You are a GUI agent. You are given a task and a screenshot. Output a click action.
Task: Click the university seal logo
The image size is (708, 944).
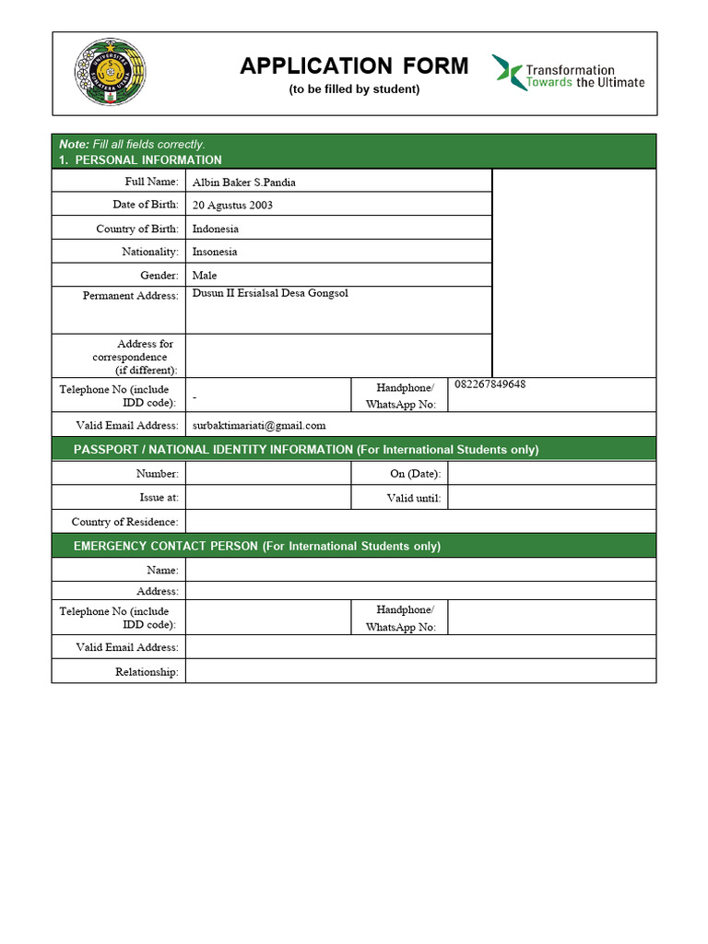pos(110,72)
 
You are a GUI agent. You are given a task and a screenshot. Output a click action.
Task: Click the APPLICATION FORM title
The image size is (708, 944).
pos(354,66)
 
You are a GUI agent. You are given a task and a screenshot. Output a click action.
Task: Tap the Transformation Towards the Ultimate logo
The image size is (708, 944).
pos(568,72)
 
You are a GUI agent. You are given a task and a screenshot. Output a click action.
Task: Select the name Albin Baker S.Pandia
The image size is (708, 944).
pos(243,182)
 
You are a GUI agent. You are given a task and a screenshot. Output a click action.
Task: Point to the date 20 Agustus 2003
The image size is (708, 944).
pos(232,205)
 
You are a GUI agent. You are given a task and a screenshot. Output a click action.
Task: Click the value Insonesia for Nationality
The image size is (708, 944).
pos(215,252)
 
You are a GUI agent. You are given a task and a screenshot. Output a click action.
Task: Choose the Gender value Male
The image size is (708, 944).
pos(205,275)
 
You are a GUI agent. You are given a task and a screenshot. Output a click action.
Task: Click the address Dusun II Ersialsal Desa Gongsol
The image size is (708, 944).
pos(270,293)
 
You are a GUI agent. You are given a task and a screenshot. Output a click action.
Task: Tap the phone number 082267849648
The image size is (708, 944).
pos(490,384)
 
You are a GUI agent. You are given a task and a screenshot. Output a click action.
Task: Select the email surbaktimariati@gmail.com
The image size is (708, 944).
pos(259,425)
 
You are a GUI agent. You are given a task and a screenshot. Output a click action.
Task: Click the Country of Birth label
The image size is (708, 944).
pos(136,229)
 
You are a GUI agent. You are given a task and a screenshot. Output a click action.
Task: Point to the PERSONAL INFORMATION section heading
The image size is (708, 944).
pos(147,159)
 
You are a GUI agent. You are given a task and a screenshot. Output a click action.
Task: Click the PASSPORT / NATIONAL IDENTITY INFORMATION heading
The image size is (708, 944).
pos(306,450)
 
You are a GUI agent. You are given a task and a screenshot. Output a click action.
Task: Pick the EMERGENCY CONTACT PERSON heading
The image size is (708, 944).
pos(257,546)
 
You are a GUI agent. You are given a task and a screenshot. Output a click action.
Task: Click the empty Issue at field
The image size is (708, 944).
pos(268,497)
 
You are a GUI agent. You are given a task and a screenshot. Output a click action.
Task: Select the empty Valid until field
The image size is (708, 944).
pos(551,498)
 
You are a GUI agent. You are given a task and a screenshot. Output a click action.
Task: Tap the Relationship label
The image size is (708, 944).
pos(147,672)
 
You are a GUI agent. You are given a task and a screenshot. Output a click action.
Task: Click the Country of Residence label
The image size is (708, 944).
pos(124,522)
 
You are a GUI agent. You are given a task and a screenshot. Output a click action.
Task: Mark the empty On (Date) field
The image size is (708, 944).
pos(551,473)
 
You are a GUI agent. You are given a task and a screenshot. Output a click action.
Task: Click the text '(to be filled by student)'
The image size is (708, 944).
pos(354,89)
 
